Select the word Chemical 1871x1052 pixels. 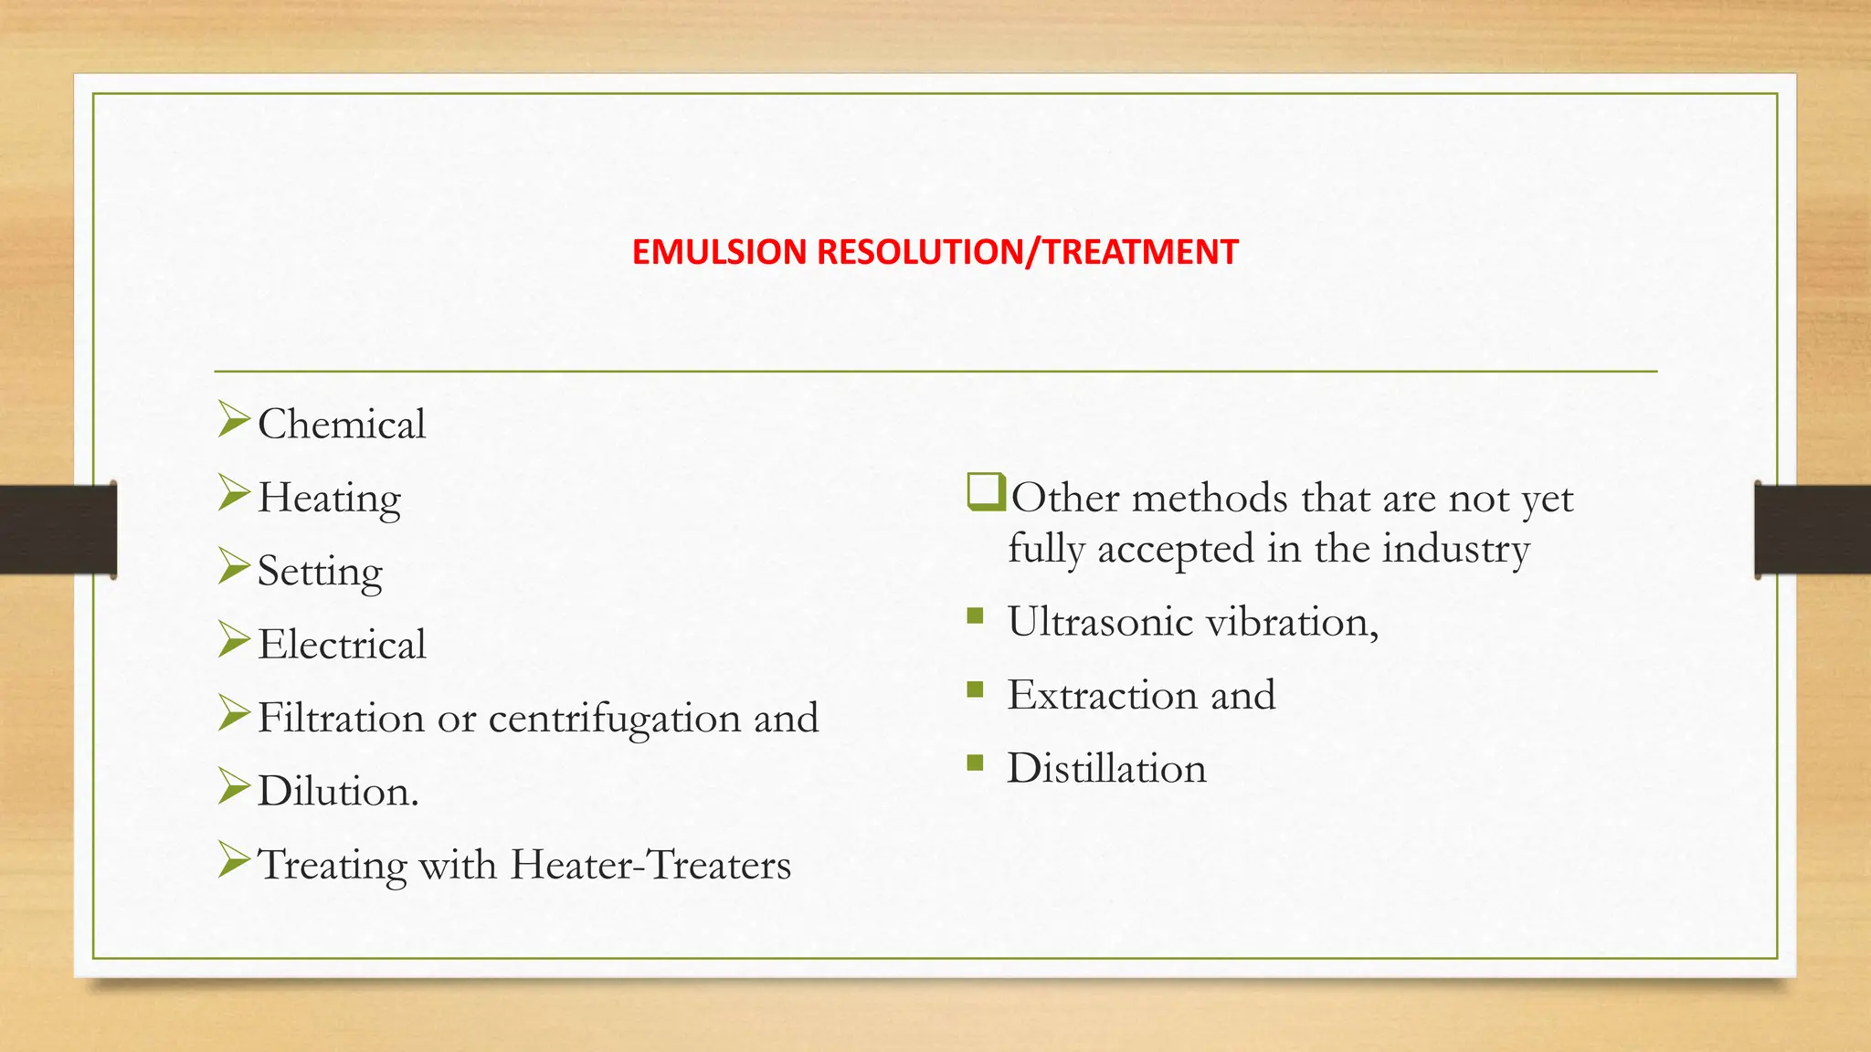click(x=342, y=425)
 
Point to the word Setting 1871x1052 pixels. click(x=320, y=573)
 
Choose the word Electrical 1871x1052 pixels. click(x=342, y=645)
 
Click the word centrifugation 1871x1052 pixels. click(x=614, y=719)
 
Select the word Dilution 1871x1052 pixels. click(x=337, y=792)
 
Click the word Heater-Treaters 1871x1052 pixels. click(x=650, y=865)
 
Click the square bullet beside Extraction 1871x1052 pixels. click(x=976, y=689)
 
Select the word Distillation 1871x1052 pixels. click(x=1106, y=769)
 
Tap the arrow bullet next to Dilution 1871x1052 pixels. click(x=234, y=786)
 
